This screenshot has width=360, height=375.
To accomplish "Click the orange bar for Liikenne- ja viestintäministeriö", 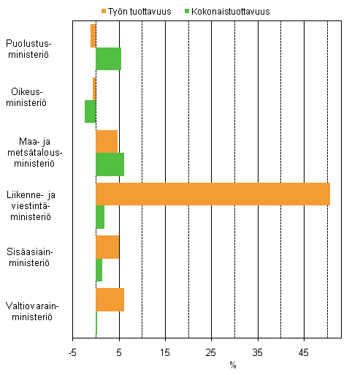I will pyautogui.click(x=212, y=194).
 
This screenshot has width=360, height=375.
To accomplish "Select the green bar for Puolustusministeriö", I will pyautogui.click(x=108, y=58).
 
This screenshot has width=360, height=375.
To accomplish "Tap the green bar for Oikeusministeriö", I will pyautogui.click(x=91, y=111).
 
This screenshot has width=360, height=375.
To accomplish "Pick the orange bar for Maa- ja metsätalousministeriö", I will pyautogui.click(x=107, y=141).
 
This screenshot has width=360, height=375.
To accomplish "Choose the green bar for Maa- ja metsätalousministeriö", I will pyautogui.click(x=110, y=164).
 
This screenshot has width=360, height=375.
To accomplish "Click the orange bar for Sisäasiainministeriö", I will pyautogui.click(x=107, y=246).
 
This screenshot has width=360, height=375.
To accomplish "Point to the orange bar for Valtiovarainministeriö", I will pyautogui.click(x=110, y=300).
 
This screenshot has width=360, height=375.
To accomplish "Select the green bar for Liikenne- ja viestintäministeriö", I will pyautogui.click(x=100, y=217).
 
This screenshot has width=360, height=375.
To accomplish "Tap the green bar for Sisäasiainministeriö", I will pyautogui.click(x=99, y=270).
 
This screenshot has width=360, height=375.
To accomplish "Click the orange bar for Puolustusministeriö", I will pyautogui.click(x=93, y=36).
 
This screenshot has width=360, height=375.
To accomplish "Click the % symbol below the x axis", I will pyautogui.click(x=233, y=364).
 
